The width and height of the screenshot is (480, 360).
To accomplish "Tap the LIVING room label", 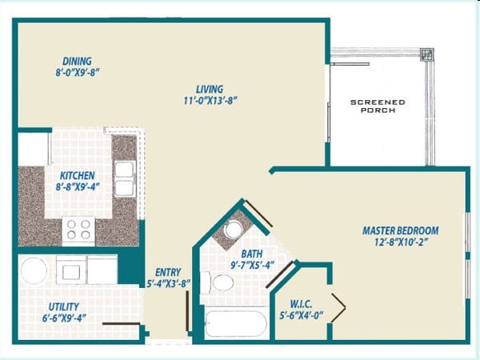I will click(x=210, y=89).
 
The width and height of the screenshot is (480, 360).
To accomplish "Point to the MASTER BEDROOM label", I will click(x=401, y=231).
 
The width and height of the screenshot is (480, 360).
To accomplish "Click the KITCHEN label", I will click(x=78, y=175).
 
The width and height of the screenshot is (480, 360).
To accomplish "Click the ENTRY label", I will click(x=168, y=272).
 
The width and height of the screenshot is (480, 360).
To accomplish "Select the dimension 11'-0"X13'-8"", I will click(x=210, y=101).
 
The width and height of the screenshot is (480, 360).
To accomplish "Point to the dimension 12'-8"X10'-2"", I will click(x=401, y=243).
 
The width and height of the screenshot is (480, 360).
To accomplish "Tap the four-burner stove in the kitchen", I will click(x=78, y=230).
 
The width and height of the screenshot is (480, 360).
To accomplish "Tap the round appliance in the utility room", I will click(x=34, y=270).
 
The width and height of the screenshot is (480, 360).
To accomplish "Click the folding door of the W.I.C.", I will click(x=338, y=306).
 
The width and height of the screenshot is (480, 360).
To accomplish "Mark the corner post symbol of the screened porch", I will click(x=427, y=55).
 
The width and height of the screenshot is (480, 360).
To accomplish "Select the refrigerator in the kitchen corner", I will click(x=33, y=149).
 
